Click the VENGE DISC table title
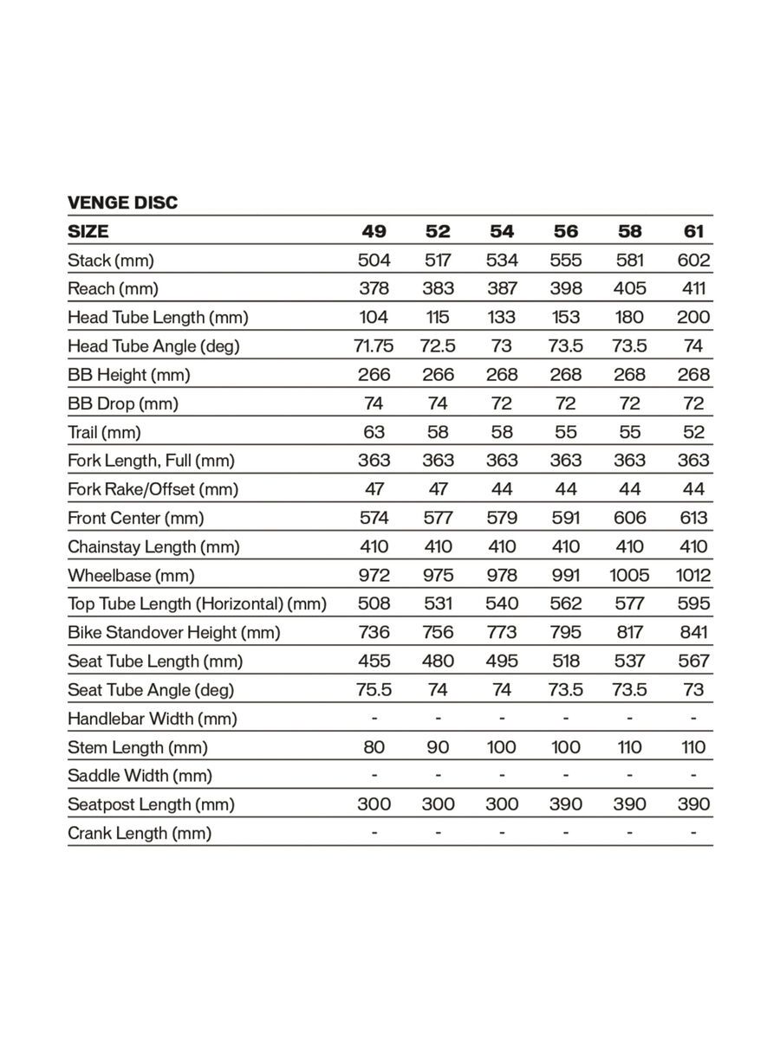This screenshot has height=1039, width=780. pos(122,203)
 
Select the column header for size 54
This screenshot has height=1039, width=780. pos(502,231)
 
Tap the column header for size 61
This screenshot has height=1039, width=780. pos(693,231)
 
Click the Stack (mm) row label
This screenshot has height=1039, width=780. pos(110,260)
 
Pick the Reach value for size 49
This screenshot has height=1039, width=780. pos(374,288)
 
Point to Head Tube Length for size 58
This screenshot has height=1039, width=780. pos(629,317)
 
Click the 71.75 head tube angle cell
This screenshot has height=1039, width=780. pos(374,345)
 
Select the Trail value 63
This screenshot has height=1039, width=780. pos(374,431)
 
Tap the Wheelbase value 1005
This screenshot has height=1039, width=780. pos(629,575)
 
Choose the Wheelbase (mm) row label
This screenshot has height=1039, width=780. pos(131,575)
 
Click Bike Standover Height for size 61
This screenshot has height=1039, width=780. pos(693,632)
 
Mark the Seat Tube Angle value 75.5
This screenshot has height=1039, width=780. pos(374,689)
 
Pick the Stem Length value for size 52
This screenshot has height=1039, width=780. pos(438,746)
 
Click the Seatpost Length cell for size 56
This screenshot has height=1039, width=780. pos(565,803)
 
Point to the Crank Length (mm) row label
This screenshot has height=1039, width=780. pos(140,833)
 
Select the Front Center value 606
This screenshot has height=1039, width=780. pos(629,518)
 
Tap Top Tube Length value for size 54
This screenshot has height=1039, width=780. pos(502,603)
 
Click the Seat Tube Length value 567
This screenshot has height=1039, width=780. pos(693,661)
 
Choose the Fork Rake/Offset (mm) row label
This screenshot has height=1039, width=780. pos(153,489)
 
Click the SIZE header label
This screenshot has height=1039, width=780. pos(88,231)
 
